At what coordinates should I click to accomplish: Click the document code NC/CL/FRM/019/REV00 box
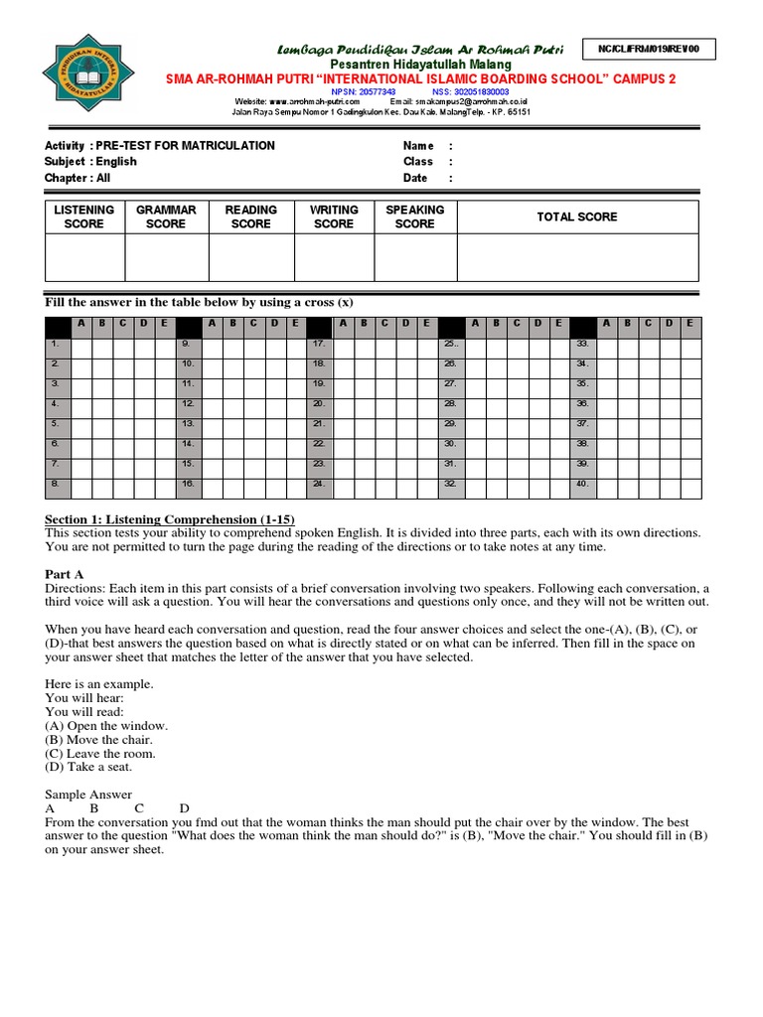(x=655, y=49)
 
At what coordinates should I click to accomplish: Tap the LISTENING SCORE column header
(x=83, y=217)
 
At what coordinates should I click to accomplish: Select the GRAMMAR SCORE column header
(x=166, y=217)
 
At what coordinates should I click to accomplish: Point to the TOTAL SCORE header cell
(x=576, y=217)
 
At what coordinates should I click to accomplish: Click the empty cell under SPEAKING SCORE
(x=414, y=257)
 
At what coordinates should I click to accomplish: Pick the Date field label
(x=415, y=179)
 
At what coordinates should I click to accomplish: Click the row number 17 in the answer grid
(x=319, y=342)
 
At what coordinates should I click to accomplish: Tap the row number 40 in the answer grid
(x=583, y=484)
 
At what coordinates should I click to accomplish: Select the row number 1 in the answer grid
(x=56, y=342)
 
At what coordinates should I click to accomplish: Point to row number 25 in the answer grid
(x=450, y=342)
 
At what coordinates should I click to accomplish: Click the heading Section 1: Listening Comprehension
(x=170, y=519)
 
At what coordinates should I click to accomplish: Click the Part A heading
(x=65, y=574)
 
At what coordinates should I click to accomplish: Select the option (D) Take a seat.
(x=88, y=767)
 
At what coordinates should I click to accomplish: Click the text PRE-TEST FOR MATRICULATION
(x=186, y=146)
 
